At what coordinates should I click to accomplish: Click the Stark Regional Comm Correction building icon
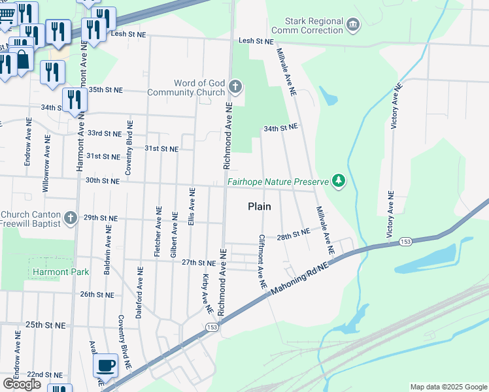pyautogui.click(x=354, y=25)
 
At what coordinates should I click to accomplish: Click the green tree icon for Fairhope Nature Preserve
pyautogui.click(x=338, y=180)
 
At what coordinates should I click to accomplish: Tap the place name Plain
pyautogui.click(x=259, y=206)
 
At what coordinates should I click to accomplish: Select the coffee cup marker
pyautogui.click(x=105, y=365)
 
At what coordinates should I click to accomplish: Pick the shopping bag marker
pyautogui.click(x=23, y=59)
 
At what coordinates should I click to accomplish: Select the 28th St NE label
pyautogui.click(x=292, y=234)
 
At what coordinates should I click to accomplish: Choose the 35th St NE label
pyautogui.click(x=105, y=90)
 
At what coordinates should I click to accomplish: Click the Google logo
pyautogui.click(x=22, y=384)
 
